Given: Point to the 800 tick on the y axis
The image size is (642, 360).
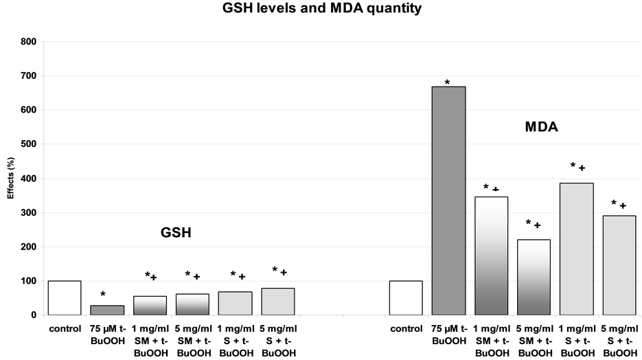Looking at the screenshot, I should (31, 41).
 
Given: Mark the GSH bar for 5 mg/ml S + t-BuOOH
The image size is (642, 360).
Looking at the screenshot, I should (277, 302).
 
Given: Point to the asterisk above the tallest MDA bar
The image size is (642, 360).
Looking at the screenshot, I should (447, 82).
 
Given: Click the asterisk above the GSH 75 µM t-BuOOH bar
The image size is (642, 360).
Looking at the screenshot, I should (103, 295).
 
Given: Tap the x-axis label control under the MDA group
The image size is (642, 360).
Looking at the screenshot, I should (406, 328).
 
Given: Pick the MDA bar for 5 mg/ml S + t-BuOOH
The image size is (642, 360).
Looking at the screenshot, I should (619, 265).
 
